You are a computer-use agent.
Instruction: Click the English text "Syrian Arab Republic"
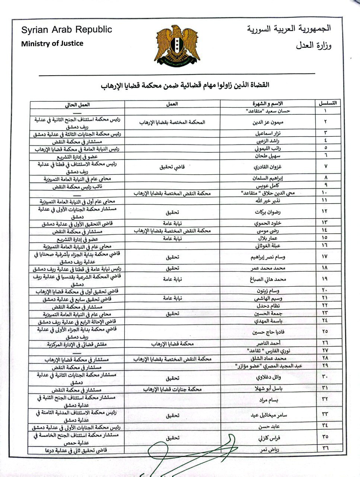click(x=66, y=30)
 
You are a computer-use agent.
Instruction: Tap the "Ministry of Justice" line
click(x=52, y=43)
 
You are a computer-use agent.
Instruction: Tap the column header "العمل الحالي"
click(x=78, y=104)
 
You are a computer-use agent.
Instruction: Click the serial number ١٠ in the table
click(x=325, y=193)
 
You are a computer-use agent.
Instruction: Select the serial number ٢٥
click(x=325, y=331)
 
